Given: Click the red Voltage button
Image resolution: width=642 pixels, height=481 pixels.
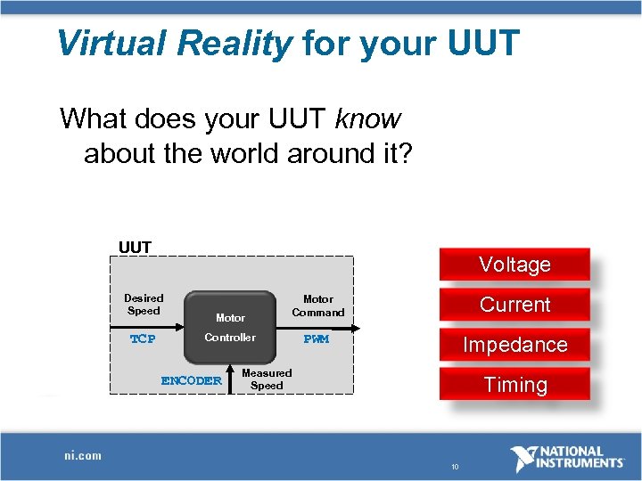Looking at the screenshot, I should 514,265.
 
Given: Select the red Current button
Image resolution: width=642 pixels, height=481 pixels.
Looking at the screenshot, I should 514,305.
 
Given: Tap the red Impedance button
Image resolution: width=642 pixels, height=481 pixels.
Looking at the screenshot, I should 514,345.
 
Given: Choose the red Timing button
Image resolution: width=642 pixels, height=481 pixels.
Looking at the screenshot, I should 514,385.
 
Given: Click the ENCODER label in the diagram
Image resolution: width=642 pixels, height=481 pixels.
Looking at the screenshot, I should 191,380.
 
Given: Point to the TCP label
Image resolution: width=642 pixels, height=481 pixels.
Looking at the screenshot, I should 143,339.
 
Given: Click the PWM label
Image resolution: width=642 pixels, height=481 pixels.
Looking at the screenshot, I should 316,339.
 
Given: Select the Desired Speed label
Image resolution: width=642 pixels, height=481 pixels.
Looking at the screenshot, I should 144,305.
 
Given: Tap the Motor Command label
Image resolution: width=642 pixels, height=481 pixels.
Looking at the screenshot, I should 317,306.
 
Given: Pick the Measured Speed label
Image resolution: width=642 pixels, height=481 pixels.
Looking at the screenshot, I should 266,379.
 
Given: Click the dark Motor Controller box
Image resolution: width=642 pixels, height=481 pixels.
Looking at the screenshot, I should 230,327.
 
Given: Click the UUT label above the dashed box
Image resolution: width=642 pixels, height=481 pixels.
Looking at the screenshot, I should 135,247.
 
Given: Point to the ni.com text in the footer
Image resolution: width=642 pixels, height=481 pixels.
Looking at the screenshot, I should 83,456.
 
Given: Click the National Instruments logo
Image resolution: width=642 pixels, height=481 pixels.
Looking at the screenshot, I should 566,459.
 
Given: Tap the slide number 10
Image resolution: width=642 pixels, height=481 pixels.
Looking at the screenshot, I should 455,467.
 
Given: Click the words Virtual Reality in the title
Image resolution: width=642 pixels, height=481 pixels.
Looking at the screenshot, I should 173,42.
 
